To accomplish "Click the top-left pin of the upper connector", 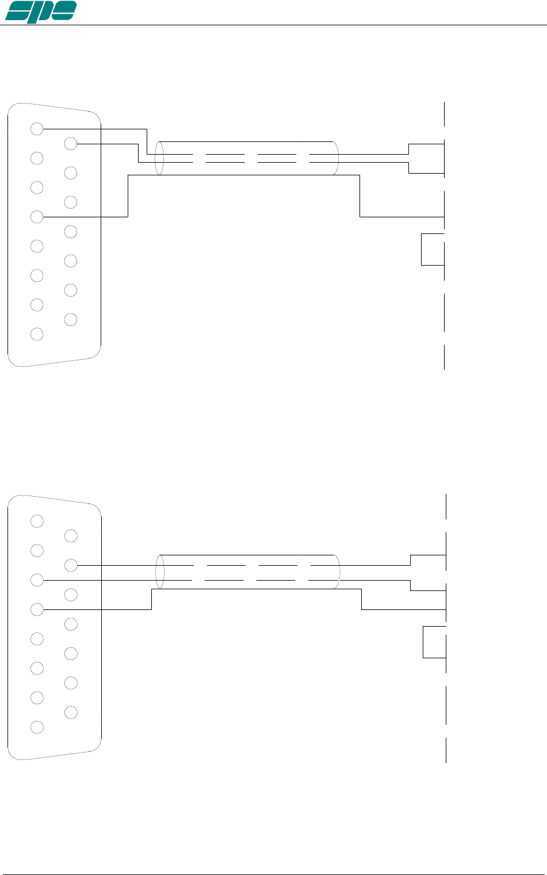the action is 37,129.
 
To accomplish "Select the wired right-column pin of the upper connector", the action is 71,144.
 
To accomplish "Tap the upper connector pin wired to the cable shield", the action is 37,217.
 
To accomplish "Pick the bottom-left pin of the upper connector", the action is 37,334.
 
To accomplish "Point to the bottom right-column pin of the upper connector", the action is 71,319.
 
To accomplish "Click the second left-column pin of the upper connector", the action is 37,158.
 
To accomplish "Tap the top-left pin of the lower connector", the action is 37,521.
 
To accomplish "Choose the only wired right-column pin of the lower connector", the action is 71,565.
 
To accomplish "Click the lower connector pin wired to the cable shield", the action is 37,609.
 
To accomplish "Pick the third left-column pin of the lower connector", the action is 37,580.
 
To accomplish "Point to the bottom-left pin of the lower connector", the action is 37,727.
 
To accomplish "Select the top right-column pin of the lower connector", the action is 71,536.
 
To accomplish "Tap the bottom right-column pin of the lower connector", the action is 71,712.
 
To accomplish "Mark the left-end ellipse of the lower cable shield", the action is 160,572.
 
